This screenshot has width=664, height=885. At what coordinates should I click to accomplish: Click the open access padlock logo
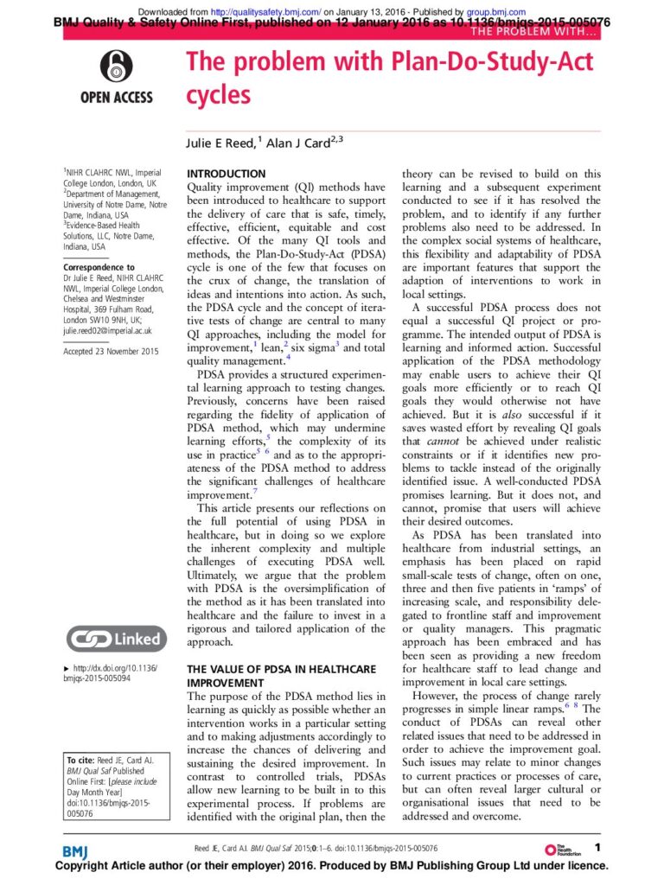pyautogui.click(x=117, y=66)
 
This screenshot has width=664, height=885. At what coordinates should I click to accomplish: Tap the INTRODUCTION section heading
pyautogui.click(x=227, y=174)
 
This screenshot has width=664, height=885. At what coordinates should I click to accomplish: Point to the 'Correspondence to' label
pyautogui.click(x=99, y=268)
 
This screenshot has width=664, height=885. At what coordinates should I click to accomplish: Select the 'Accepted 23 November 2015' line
pyautogui.click(x=111, y=351)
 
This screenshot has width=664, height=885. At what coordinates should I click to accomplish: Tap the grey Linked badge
pyautogui.click(x=116, y=640)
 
